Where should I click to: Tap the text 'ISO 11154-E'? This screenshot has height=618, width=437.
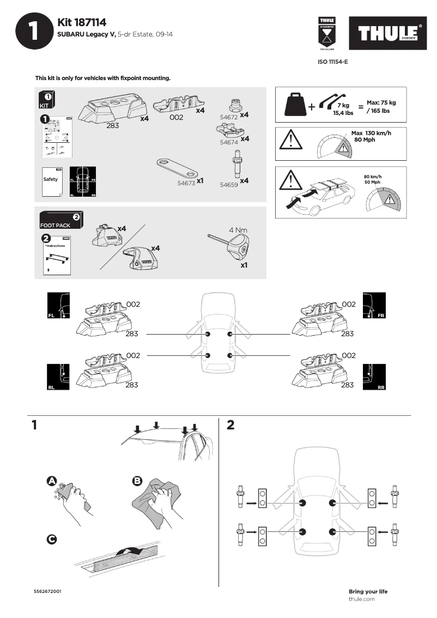point(332,62)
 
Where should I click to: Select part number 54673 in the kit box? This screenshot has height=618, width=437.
point(186,184)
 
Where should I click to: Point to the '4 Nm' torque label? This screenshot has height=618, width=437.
point(238,229)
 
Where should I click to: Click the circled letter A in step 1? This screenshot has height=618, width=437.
point(52,481)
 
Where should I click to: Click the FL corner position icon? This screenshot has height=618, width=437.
point(58,306)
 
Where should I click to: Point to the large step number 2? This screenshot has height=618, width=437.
point(230,425)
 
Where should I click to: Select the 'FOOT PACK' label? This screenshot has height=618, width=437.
point(55,225)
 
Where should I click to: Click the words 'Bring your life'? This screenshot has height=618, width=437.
point(368,591)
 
